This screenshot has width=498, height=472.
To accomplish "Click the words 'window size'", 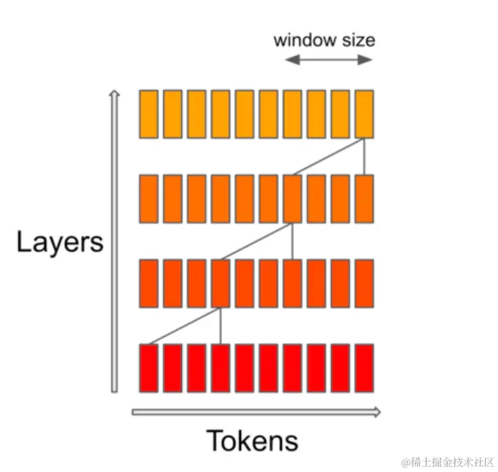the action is [323, 39].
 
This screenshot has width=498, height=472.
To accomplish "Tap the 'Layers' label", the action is [60, 243].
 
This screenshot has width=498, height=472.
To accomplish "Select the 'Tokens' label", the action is [252, 440].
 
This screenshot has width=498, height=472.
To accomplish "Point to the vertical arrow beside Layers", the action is [114, 242].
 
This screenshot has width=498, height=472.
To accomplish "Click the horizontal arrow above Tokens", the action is [256, 412].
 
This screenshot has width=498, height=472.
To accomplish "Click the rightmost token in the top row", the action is [364, 113].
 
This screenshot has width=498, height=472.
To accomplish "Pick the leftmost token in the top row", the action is [149, 113].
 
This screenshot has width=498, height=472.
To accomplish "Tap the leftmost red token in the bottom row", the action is [149, 368].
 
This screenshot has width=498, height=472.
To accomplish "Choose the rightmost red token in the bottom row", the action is [364, 368].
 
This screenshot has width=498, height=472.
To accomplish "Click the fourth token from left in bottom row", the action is [221, 368].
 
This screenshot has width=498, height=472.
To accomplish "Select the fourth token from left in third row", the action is [221, 283].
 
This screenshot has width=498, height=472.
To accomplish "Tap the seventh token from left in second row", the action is [292, 199].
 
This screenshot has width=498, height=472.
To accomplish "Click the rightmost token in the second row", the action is [364, 199].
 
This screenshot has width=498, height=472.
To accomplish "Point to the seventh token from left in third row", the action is [292, 283].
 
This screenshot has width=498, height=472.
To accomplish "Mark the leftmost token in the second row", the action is [149, 199].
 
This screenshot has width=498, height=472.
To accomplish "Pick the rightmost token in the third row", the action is [364, 283].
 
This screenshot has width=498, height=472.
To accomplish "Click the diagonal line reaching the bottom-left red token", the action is [184, 326].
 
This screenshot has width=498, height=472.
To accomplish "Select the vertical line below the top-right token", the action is [365, 156].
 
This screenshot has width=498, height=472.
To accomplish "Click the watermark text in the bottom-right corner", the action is [447, 460].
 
